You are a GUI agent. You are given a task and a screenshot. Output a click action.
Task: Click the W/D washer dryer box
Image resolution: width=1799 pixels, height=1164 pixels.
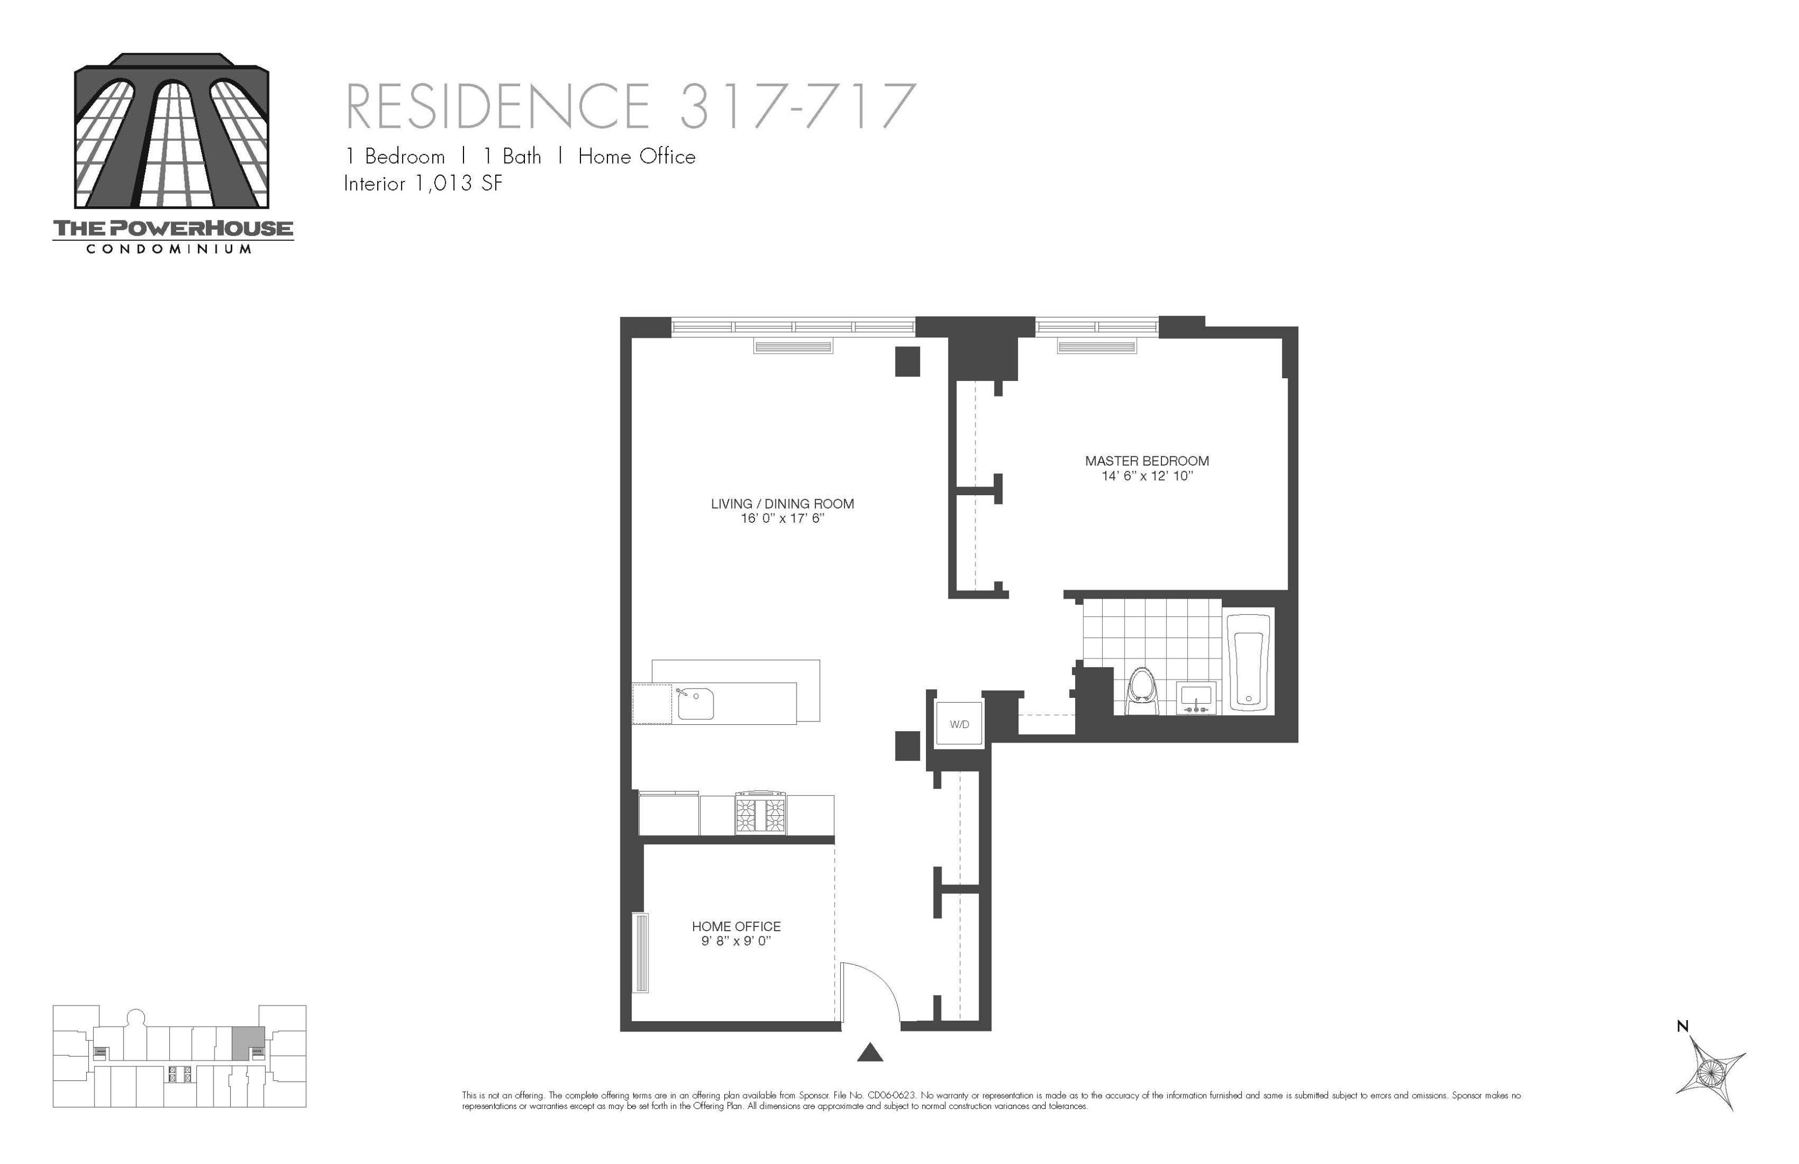click(959, 724)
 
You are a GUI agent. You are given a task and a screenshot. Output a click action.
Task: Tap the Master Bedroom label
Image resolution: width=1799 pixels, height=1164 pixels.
click(1147, 461)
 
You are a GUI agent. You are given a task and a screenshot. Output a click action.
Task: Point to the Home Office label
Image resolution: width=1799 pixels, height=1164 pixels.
click(736, 927)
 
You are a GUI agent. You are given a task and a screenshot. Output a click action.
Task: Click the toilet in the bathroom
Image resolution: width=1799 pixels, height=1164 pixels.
click(1142, 691)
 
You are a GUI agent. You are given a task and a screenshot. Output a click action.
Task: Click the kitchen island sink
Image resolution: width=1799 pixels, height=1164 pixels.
click(695, 704)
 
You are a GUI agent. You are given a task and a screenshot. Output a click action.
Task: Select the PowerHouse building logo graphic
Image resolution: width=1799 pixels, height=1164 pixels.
click(171, 131)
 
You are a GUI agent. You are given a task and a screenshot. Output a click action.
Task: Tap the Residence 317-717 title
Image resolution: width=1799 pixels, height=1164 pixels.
click(631, 107)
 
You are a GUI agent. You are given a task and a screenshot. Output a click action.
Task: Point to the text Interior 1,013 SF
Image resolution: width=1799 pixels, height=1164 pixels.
click(423, 184)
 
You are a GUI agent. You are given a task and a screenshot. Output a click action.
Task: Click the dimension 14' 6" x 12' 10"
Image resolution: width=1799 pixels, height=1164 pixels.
click(1147, 476)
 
